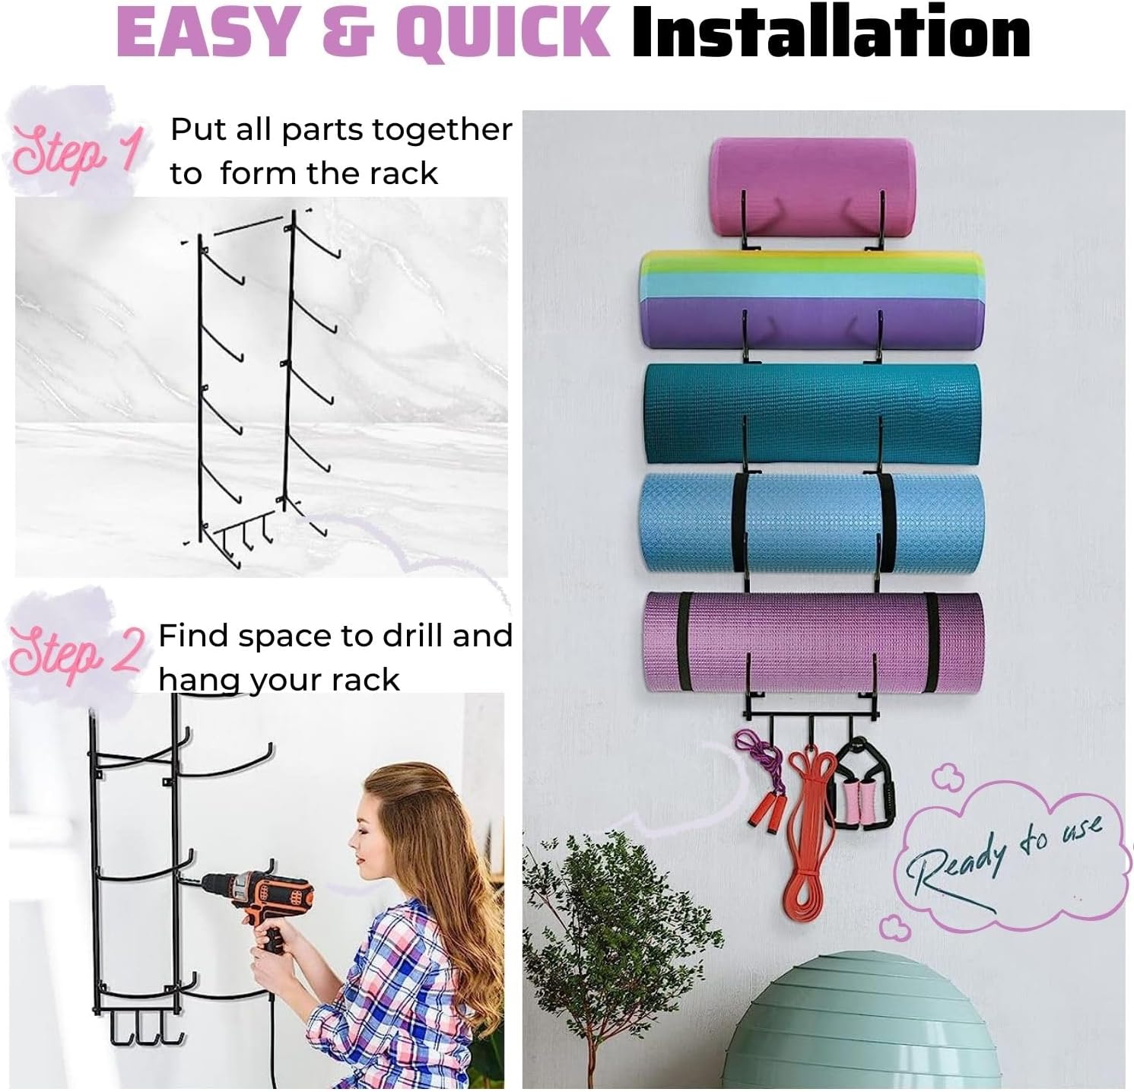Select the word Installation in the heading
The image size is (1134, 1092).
pyautogui.click(x=831, y=33)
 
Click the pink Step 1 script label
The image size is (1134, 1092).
pyautogui.click(x=76, y=152)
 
